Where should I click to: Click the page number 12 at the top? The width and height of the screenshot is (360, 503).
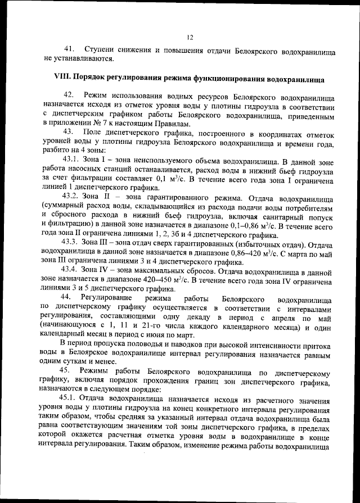click(x=190, y=38)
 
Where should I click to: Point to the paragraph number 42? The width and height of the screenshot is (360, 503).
click(x=70, y=96)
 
